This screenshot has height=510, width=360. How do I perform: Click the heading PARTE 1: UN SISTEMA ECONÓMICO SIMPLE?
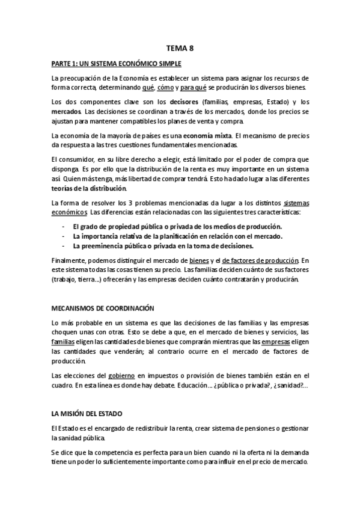[117, 63]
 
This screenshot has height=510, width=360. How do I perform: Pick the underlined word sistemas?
[296, 203]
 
